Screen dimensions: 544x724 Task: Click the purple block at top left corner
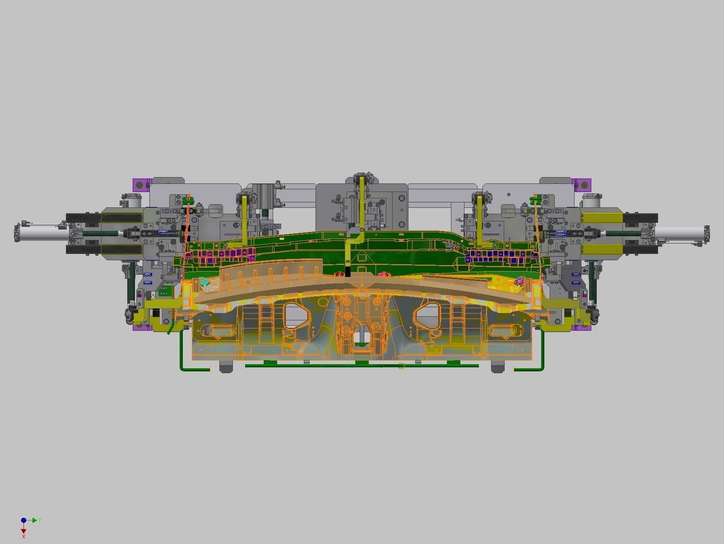pos(141,185)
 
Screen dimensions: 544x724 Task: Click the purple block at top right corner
pos(583,184)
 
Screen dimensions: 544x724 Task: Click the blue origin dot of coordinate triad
pos(23,521)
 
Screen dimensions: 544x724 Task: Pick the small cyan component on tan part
pos(204,283)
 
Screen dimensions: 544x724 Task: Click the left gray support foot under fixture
pos(226,367)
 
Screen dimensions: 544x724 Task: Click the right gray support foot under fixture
pos(497,367)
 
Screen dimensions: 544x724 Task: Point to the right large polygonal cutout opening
pos(427,314)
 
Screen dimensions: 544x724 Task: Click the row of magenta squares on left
pos(221,255)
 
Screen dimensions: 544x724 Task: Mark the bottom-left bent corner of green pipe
pos(182,368)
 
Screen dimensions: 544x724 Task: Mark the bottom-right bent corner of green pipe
pos(542,368)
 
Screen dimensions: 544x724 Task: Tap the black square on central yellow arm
pos(348,272)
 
